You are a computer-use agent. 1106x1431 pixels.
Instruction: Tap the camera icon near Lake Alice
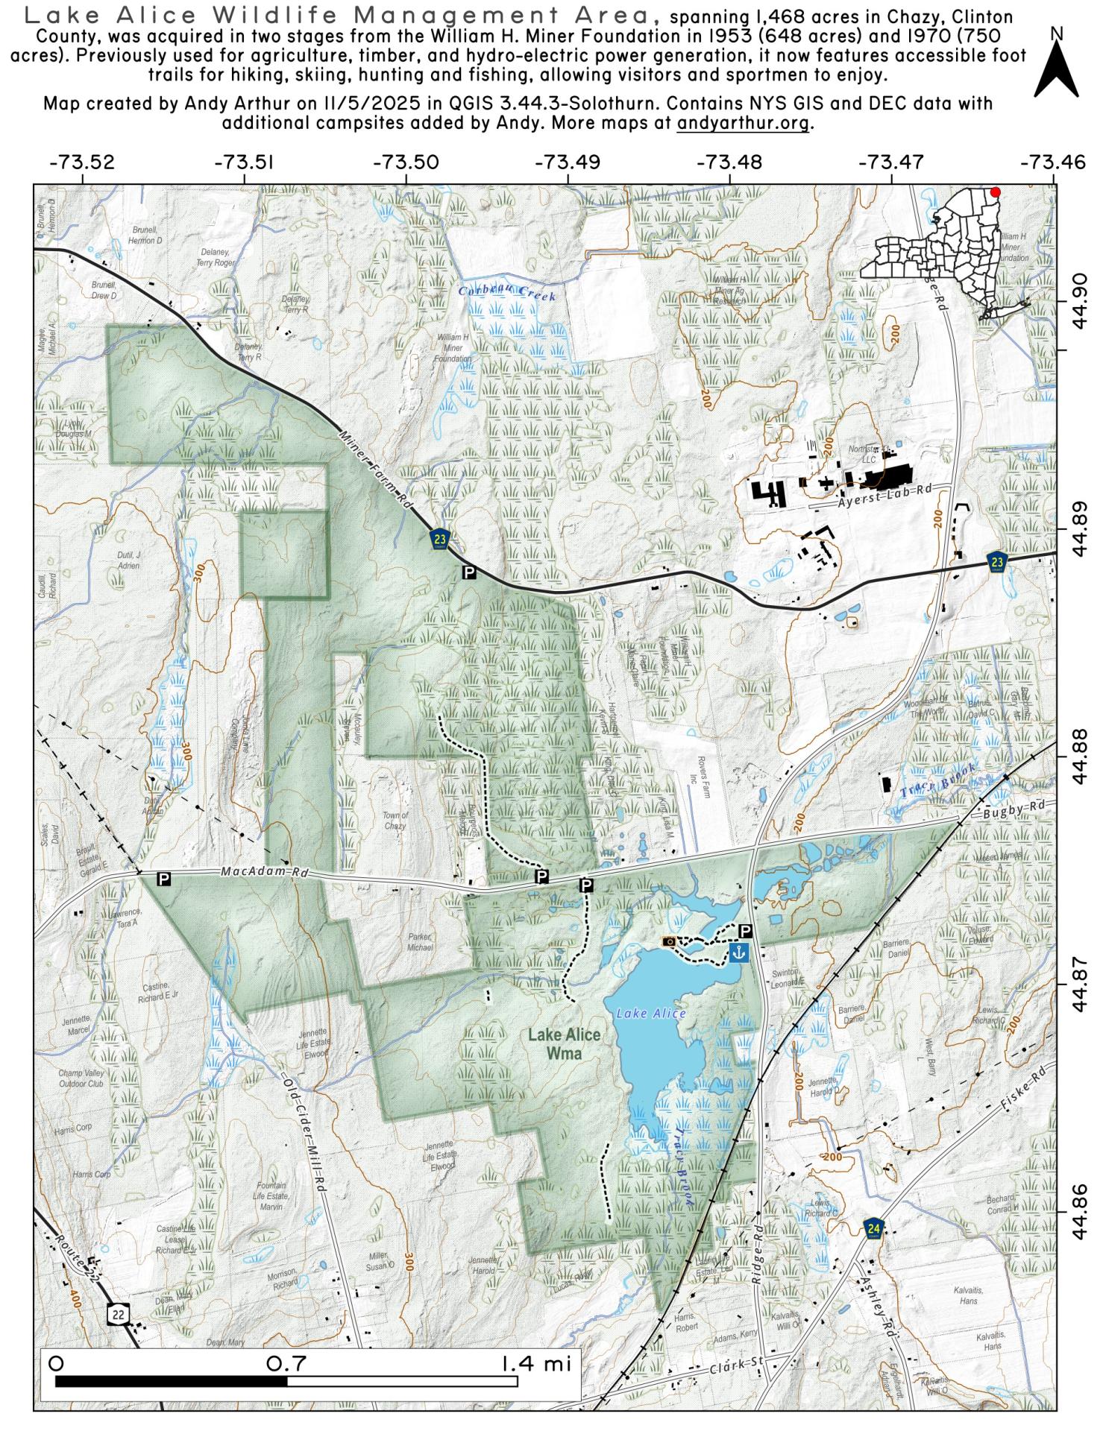coord(670,941)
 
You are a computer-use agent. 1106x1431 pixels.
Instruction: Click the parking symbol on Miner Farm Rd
coord(469,572)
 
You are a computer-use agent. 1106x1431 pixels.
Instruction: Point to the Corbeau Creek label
coord(506,294)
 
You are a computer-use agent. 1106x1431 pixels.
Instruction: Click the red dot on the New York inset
coord(995,192)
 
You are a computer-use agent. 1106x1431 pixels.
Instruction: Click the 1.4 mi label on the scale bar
coord(535,1364)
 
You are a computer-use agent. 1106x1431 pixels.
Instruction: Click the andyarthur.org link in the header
coord(743,123)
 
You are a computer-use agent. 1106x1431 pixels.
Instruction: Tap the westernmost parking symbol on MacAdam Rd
coord(164,879)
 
